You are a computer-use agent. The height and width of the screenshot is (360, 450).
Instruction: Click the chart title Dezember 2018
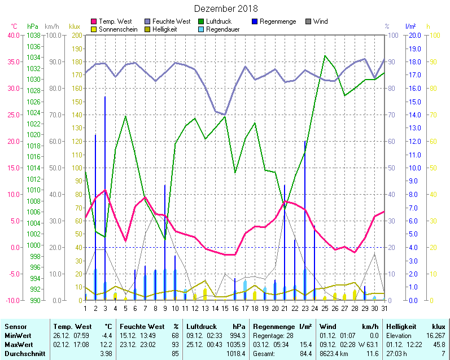[x=226, y=8]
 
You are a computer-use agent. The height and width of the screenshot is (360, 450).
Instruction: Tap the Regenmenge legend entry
[x=274, y=21]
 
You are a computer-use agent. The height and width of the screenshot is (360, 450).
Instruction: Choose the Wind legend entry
[x=320, y=21]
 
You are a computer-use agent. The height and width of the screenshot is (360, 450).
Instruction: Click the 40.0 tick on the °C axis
[x=12, y=35]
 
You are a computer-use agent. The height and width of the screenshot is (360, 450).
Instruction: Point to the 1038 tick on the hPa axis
[x=33, y=35]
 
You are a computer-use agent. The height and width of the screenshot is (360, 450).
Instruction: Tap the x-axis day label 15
[x=225, y=308]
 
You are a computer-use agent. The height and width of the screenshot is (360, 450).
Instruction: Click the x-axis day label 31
[x=385, y=308]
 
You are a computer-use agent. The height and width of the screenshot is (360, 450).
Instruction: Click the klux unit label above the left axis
[x=74, y=27]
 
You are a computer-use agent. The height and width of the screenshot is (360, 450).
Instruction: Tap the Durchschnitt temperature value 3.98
[x=106, y=354]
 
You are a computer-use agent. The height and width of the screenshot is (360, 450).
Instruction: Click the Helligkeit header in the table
[x=401, y=327]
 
